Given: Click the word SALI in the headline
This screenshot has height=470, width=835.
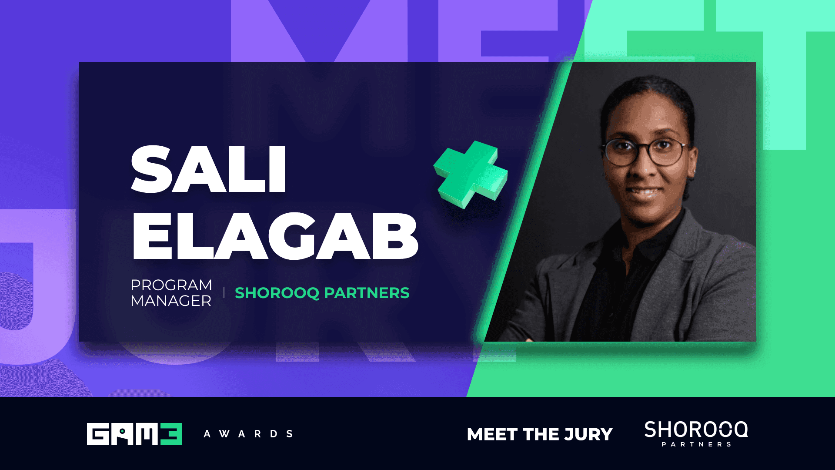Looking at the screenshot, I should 208,170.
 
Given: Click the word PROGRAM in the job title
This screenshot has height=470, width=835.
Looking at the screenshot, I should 171,285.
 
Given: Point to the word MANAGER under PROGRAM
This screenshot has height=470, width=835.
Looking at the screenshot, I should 171,301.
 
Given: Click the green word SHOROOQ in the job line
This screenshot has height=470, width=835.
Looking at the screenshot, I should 277,293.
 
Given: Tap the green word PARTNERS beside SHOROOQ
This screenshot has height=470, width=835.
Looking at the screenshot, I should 367,293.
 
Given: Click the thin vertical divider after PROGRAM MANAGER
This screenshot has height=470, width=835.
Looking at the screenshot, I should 224,292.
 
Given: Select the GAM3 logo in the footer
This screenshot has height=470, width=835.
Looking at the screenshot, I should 134,434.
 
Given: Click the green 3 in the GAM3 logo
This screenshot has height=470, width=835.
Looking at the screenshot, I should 171,434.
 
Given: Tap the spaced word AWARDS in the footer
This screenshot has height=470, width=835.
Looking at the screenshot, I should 248,434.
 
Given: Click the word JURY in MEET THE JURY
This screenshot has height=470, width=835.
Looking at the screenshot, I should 588,434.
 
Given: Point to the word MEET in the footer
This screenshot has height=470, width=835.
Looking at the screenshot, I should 492,434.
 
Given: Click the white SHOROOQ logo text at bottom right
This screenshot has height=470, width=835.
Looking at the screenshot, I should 696,430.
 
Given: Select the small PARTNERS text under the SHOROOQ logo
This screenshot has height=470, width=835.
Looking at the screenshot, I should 696,444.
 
